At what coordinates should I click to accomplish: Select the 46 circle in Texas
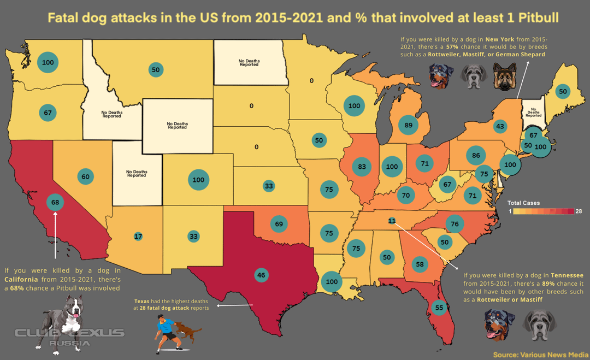(261, 275)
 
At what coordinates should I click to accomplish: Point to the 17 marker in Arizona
(138, 237)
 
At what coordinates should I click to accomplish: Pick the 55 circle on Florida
(439, 308)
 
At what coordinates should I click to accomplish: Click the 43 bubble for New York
(499, 126)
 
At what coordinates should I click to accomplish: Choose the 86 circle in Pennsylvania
(476, 156)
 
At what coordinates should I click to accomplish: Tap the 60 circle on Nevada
(85, 176)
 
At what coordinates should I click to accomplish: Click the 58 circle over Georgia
(420, 264)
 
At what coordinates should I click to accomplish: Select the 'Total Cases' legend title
(523, 203)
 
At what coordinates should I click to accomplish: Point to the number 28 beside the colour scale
(579, 211)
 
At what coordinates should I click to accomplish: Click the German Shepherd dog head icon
(504, 76)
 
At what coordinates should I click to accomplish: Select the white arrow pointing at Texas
(229, 305)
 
